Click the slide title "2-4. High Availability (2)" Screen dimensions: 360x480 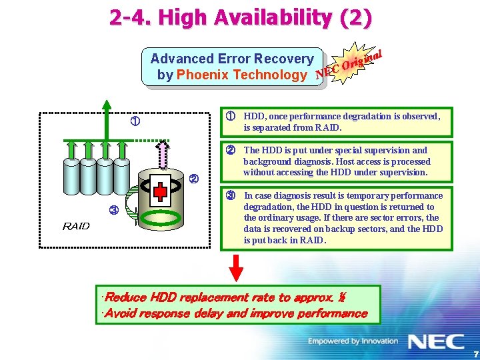click(x=241, y=17)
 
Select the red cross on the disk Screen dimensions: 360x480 click(x=159, y=192)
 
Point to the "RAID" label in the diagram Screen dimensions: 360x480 click(x=75, y=226)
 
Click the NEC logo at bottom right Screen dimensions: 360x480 click(x=436, y=342)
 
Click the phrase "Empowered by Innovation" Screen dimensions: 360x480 click(x=353, y=342)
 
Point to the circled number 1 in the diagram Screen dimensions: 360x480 click(x=135, y=122)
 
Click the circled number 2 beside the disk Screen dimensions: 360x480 click(x=194, y=179)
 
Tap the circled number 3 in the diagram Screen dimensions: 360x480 click(x=113, y=211)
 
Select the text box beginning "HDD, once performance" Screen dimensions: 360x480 click(x=336, y=121)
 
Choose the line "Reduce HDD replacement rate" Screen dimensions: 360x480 click(x=221, y=297)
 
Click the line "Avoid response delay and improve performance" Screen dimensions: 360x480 click(x=233, y=313)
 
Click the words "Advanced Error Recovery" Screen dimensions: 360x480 click(x=232, y=59)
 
